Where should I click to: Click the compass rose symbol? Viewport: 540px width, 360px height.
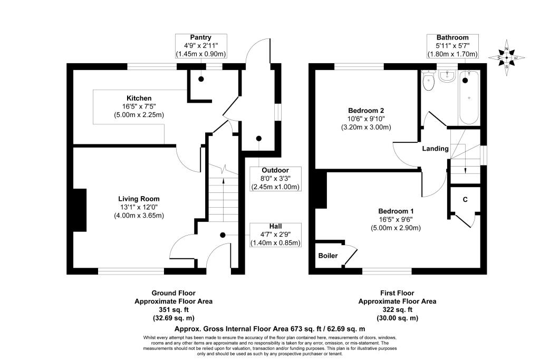click(x=507, y=57)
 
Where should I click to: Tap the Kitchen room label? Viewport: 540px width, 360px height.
click(x=139, y=98)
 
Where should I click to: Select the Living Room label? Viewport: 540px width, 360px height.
click(x=139, y=199)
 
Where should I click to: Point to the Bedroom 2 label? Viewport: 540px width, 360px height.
click(x=366, y=111)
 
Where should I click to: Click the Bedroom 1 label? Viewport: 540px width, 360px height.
click(x=396, y=211)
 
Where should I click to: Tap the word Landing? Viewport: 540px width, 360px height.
click(x=435, y=149)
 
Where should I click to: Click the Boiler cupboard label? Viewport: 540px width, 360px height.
click(x=328, y=256)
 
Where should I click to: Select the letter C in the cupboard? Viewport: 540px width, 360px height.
click(x=465, y=200)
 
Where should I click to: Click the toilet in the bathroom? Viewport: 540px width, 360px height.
click(x=428, y=81)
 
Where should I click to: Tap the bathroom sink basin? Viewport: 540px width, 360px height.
click(x=447, y=76)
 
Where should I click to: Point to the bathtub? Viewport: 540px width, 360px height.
click(x=468, y=98)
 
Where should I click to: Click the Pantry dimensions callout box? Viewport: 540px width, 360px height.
click(x=201, y=46)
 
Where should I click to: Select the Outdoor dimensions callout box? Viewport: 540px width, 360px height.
click(x=275, y=179)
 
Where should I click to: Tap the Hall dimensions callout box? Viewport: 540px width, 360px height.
click(x=275, y=235)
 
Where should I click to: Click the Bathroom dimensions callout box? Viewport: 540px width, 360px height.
click(x=452, y=46)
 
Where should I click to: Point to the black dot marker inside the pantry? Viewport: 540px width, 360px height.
click(x=201, y=79)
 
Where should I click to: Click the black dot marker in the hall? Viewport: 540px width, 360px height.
click(x=223, y=235)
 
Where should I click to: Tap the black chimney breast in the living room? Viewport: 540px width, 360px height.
click(x=80, y=210)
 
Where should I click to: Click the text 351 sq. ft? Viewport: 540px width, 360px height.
click(x=173, y=310)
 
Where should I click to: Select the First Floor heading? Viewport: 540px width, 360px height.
click(x=397, y=293)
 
